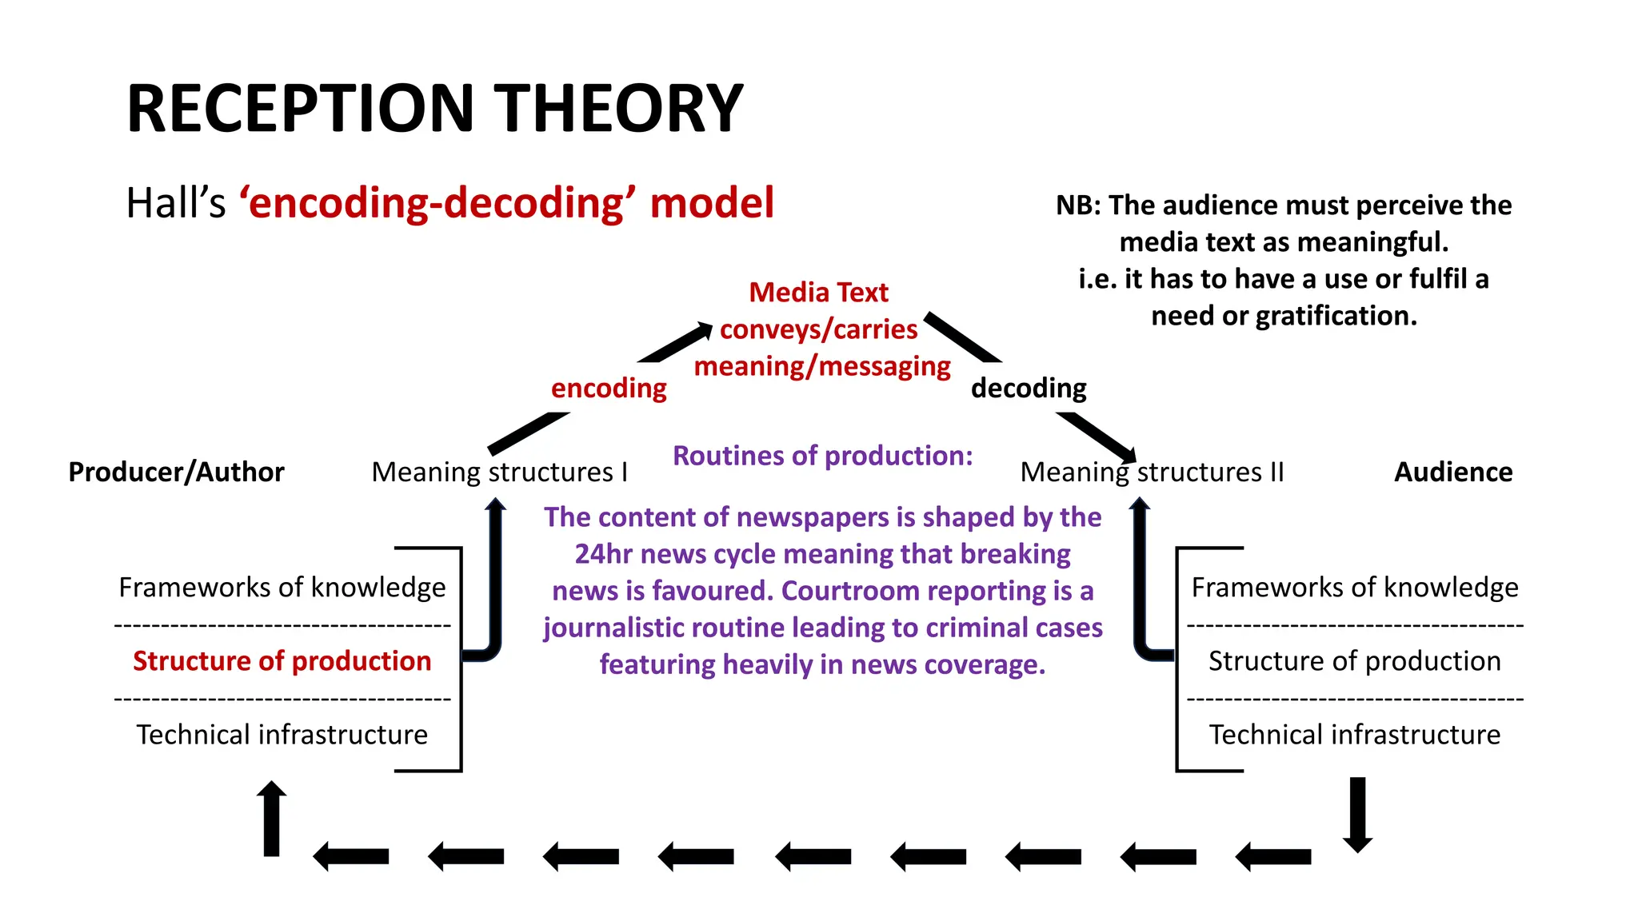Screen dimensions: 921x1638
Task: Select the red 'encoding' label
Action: [609, 389]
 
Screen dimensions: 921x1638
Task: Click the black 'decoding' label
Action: [1029, 389]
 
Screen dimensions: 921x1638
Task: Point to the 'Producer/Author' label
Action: [176, 472]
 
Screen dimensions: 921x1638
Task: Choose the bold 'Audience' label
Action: [1453, 472]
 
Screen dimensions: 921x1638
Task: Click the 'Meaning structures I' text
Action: [499, 472]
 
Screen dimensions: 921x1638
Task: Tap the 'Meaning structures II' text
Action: [1152, 472]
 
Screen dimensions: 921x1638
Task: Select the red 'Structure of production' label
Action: [282, 661]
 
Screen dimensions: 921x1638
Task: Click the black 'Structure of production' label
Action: [1354, 661]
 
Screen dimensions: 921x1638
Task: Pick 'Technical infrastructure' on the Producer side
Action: [282, 734]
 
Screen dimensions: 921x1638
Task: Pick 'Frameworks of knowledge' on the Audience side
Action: [1354, 588]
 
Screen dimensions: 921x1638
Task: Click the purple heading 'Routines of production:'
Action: [822, 456]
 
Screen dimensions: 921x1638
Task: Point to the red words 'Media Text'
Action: [818, 293]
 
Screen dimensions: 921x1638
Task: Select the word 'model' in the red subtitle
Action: [712, 203]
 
